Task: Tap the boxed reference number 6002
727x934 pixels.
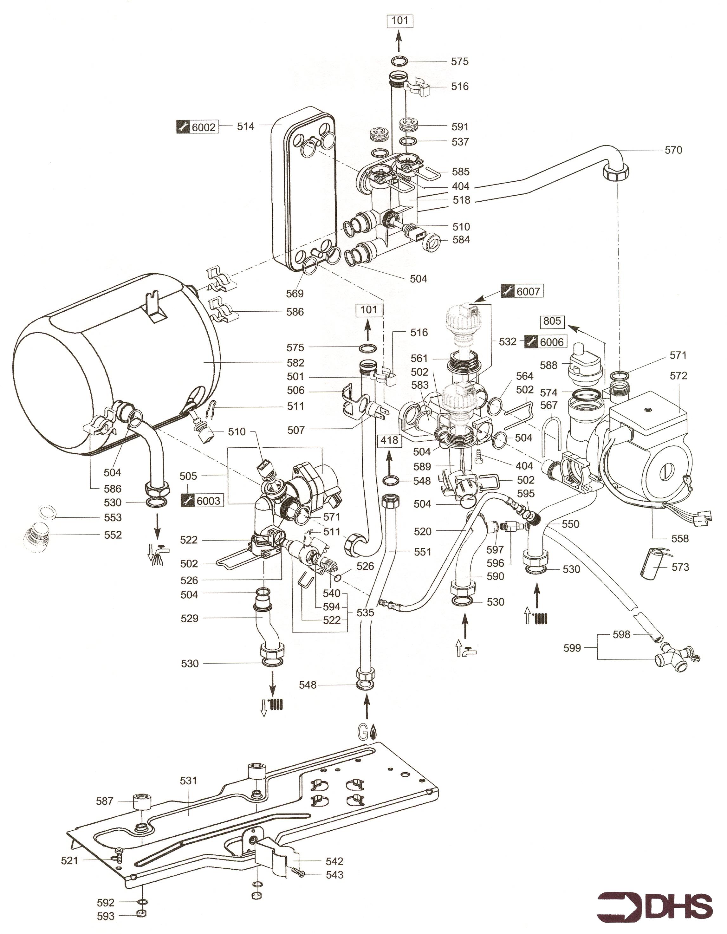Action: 204,127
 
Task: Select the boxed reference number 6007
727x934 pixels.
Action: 529,292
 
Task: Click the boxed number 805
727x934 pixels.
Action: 552,321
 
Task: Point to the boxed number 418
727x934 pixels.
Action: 389,440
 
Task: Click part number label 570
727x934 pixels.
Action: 673,150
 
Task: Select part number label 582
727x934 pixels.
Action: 295,363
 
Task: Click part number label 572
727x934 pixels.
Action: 679,375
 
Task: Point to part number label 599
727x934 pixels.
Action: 572,648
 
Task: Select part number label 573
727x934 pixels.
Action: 680,567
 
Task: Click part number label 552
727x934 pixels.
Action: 113,535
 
